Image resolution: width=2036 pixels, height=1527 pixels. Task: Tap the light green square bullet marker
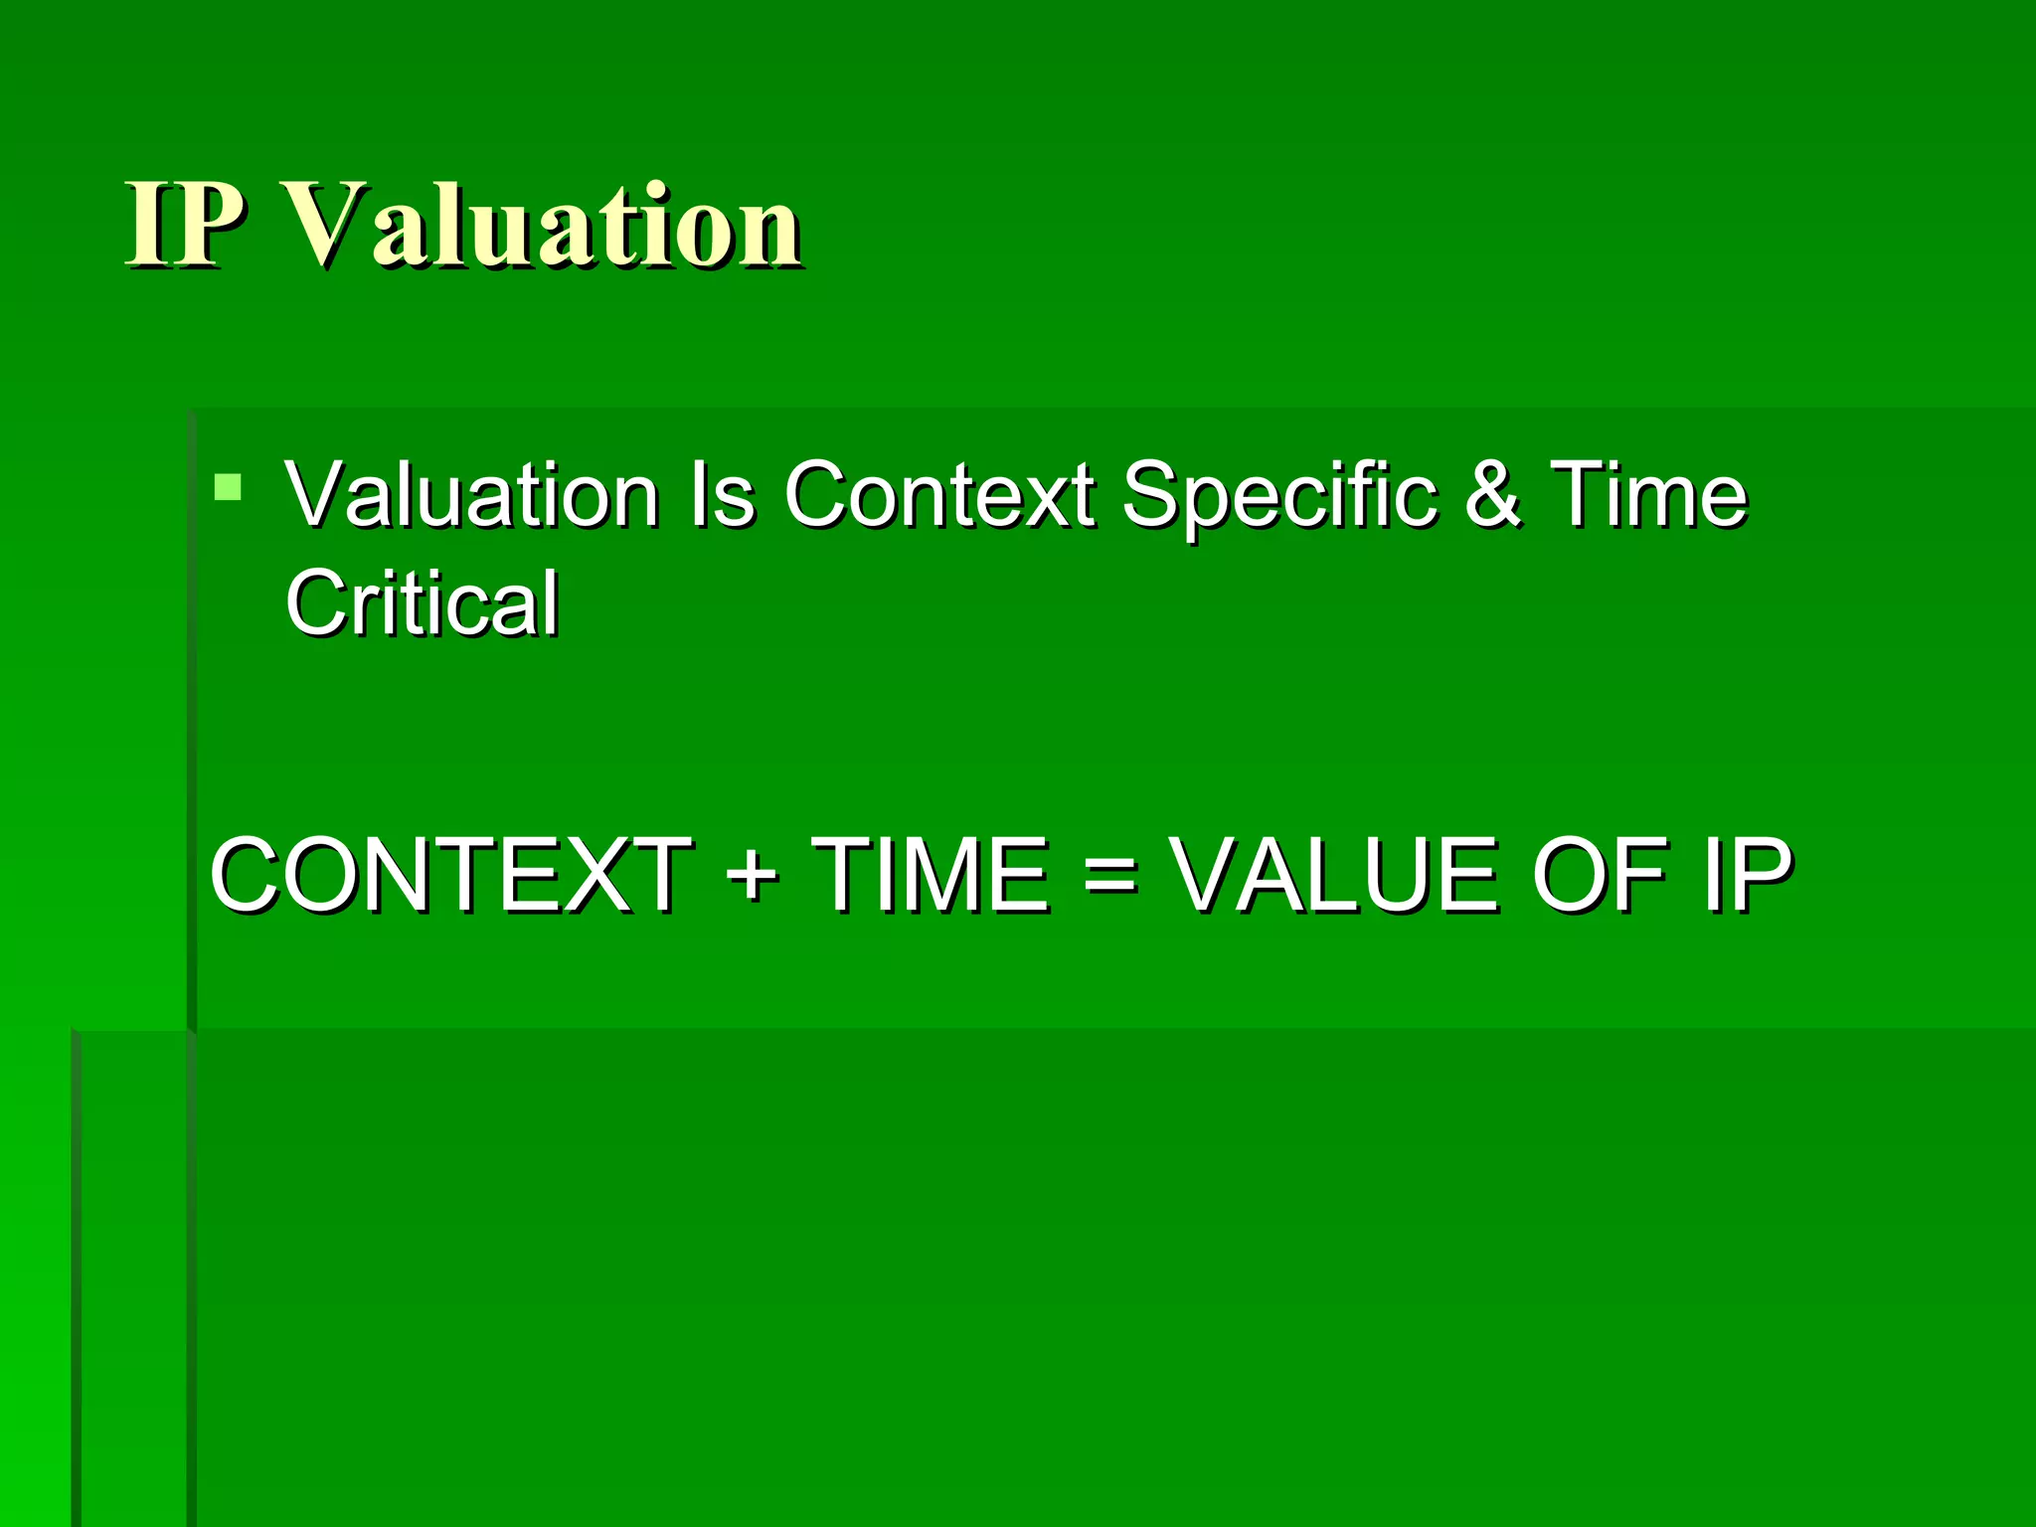(x=228, y=486)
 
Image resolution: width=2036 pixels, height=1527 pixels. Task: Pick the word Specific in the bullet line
(x=1279, y=496)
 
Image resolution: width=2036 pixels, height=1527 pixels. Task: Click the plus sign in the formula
(x=752, y=875)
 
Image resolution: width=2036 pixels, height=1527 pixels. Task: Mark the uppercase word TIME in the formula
(x=931, y=875)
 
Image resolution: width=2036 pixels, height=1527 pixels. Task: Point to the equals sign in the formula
(x=1109, y=875)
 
